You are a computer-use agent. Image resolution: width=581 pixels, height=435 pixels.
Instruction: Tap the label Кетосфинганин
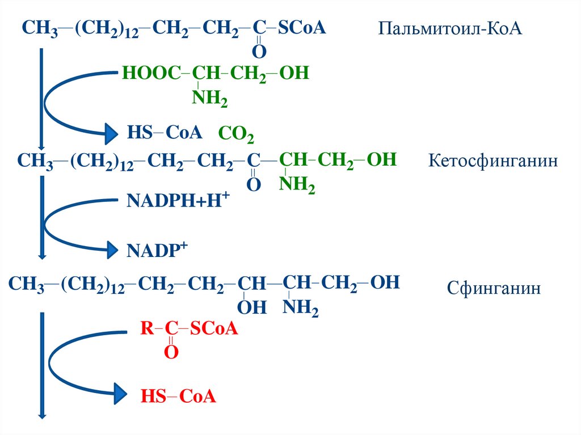point(492,161)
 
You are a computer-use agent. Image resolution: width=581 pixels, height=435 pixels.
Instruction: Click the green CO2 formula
point(236,136)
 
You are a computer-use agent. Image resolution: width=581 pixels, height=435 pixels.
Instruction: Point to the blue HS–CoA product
point(164,133)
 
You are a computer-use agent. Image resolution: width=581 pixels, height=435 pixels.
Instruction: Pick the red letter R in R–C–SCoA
point(146,329)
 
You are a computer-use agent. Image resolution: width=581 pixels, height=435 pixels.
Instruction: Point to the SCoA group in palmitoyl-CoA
point(302,28)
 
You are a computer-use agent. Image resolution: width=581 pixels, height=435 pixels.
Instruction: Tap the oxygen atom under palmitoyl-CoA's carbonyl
point(259,52)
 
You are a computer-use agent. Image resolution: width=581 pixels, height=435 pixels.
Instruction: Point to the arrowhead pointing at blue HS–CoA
point(110,134)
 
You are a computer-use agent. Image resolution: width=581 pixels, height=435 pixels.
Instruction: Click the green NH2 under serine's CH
point(210,99)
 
